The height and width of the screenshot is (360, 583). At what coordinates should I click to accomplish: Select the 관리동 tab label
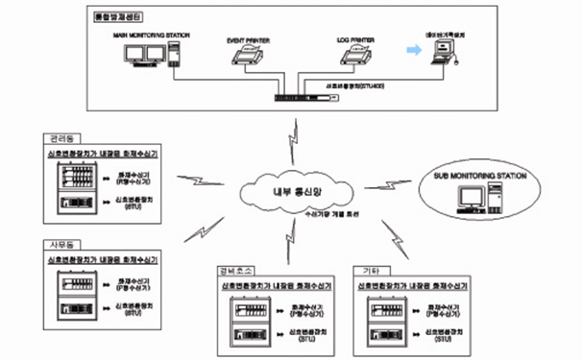pyautogui.click(x=60, y=138)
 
